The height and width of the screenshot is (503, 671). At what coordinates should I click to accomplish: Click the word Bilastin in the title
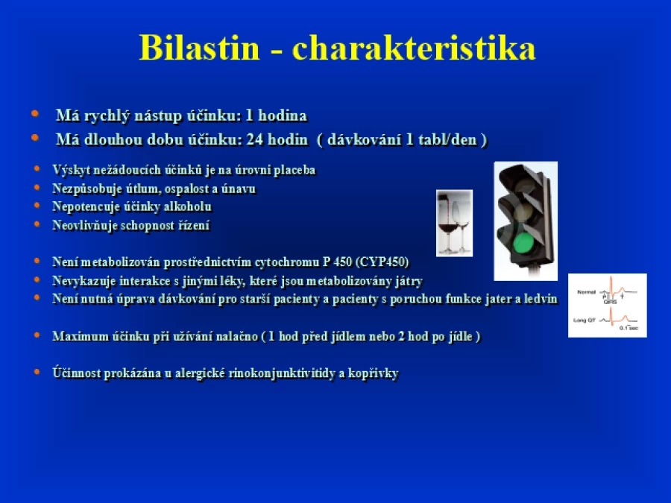pos(199,48)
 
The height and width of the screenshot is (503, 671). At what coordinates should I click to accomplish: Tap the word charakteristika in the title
pos(413,48)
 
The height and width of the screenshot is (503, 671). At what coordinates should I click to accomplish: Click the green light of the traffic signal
pos(523,243)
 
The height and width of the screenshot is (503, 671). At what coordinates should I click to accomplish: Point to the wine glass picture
pos(454,223)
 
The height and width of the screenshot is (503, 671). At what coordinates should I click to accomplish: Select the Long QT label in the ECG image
pos(584,320)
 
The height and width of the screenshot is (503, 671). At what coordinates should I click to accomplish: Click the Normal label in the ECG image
pos(586,292)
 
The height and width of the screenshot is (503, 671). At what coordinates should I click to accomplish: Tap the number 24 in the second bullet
pos(255,139)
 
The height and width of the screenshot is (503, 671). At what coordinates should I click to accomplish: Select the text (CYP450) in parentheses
pos(382,262)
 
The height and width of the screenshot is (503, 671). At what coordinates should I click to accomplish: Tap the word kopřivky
pos(374,373)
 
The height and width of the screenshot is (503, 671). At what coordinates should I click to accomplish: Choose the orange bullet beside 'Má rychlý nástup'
pos(35,114)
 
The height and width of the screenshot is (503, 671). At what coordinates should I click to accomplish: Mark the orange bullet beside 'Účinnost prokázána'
pos(37,372)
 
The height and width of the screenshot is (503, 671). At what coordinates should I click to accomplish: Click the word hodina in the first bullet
pos(283,116)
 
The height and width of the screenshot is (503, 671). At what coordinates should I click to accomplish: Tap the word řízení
pos(194,225)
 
